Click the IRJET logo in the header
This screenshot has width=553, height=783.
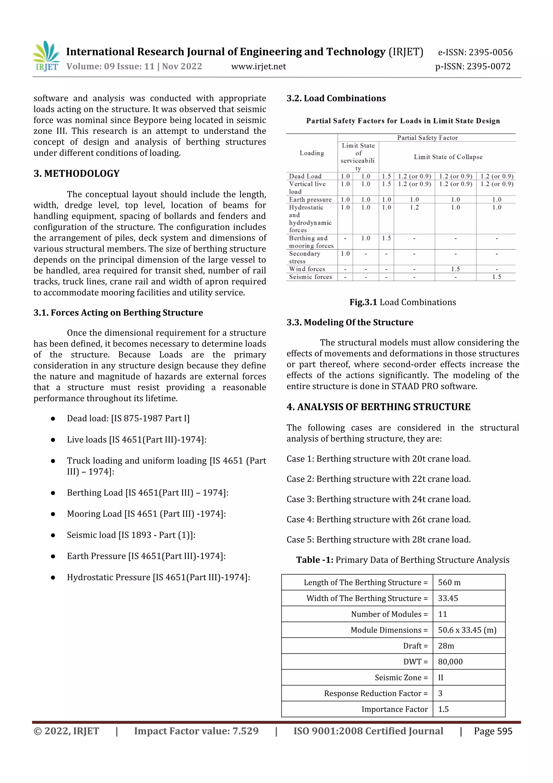(x=46, y=56)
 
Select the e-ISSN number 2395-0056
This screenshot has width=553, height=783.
(x=475, y=52)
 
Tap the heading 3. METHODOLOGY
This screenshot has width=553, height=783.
(x=76, y=174)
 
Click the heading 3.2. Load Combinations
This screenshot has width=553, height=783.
(x=336, y=99)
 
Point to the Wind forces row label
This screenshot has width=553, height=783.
(x=307, y=269)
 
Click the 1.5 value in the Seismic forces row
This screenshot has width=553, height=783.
(x=497, y=277)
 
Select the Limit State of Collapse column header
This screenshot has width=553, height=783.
(x=448, y=157)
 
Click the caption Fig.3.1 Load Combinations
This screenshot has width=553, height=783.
(x=402, y=302)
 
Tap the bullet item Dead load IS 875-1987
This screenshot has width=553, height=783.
(x=128, y=418)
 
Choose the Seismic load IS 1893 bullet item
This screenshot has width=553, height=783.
(x=131, y=535)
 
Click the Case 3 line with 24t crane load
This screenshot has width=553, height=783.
(x=378, y=499)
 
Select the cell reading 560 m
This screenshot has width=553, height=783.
(x=449, y=582)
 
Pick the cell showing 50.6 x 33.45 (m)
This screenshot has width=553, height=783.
(x=467, y=630)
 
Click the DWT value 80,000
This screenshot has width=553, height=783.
(x=450, y=662)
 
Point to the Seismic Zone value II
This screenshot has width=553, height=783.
(x=441, y=678)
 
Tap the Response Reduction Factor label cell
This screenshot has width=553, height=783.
(x=376, y=693)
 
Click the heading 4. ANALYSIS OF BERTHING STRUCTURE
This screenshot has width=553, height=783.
(x=378, y=407)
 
